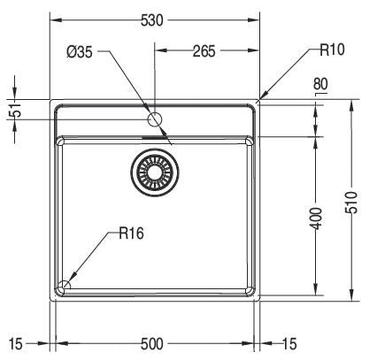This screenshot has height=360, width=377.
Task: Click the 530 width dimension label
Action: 151,20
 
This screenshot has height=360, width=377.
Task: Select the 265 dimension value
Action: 204,51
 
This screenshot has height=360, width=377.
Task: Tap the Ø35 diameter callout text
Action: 80,52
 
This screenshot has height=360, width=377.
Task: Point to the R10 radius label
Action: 332,50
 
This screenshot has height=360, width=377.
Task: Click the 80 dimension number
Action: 320,84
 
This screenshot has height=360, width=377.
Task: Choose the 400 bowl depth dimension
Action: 316,218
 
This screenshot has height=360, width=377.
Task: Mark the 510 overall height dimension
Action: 351,203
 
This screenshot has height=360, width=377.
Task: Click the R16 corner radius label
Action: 132,234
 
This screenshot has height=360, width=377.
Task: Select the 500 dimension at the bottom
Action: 151,344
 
